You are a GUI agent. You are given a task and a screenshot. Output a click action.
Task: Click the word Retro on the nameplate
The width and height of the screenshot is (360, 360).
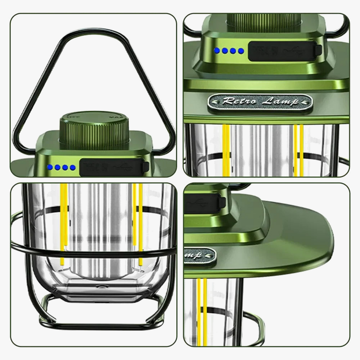(x=238, y=101)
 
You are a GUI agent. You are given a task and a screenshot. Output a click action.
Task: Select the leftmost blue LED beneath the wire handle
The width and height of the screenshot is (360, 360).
(x=51, y=168)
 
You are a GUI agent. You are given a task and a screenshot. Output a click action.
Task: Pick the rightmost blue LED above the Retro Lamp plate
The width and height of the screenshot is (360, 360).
(x=240, y=50)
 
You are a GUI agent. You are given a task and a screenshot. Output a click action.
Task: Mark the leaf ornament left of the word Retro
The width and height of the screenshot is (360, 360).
(x=218, y=101)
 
